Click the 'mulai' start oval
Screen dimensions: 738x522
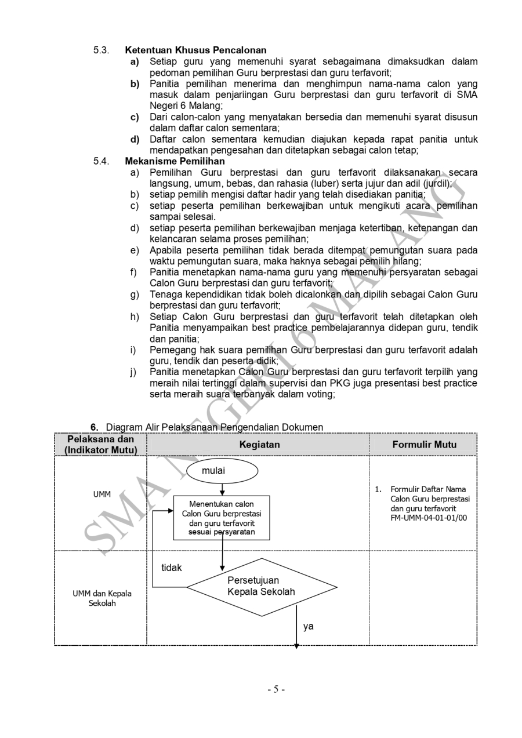pyautogui.click(x=213, y=471)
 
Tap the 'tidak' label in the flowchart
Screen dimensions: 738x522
pyautogui.click(x=171, y=568)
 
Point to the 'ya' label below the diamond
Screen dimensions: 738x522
pyautogui.click(x=309, y=626)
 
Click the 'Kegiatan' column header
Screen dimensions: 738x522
pyautogui.click(x=259, y=445)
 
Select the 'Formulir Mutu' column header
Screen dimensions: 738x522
pyautogui.click(x=424, y=445)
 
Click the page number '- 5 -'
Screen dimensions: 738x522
pyautogui.click(x=276, y=689)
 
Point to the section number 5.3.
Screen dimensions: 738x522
pyautogui.click(x=101, y=50)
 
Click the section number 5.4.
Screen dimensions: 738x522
pyautogui.click(x=101, y=161)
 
